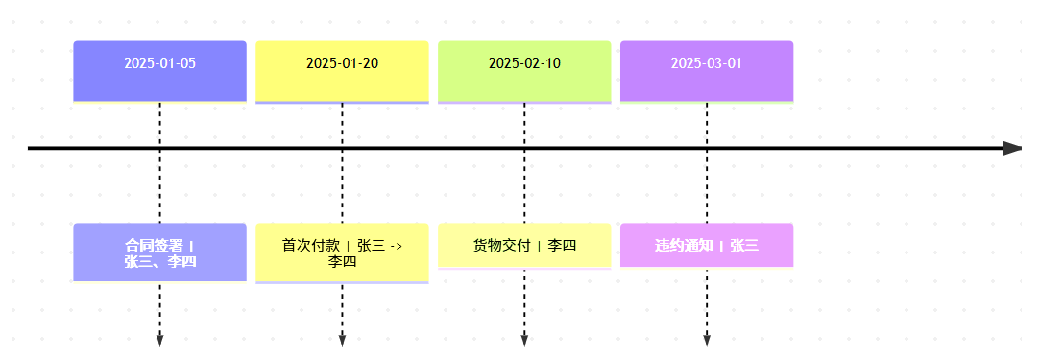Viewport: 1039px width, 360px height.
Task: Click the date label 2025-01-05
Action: [x=159, y=64]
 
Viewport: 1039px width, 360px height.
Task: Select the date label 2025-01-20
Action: [x=342, y=64]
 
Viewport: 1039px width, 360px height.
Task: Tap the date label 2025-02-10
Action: [x=524, y=64]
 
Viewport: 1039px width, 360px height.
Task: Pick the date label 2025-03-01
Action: [x=707, y=64]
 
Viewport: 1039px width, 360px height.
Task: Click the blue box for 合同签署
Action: [x=159, y=252]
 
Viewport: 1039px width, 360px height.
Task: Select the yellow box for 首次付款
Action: [x=342, y=253]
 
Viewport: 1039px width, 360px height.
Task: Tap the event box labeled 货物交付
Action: [x=524, y=246]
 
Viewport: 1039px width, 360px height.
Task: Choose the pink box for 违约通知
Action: [x=707, y=246]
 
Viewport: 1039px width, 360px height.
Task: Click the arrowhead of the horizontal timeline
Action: [x=1012, y=148]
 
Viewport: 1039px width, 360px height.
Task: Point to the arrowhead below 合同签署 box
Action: [x=159, y=340]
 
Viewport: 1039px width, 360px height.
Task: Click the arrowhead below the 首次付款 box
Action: [x=342, y=340]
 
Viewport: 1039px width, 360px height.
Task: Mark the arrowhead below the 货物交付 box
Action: [x=524, y=340]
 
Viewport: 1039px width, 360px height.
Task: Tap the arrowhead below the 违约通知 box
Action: [x=707, y=340]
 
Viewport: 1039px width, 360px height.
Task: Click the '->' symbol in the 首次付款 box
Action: [x=396, y=246]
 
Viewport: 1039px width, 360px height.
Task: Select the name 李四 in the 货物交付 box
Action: [x=563, y=246]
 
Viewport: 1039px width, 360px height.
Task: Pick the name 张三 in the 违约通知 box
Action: [x=744, y=246]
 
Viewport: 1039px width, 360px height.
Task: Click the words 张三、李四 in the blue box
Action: [x=159, y=261]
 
